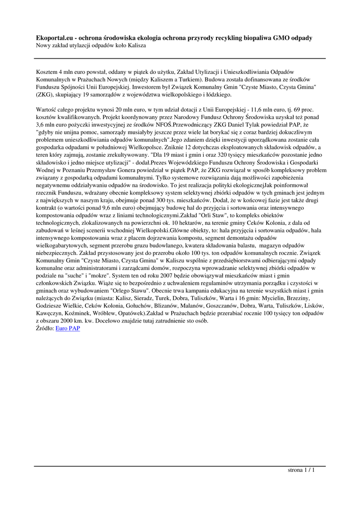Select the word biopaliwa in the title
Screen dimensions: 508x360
pyautogui.click(x=248, y=38)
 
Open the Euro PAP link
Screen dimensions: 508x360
pyautogui.click(x=68, y=328)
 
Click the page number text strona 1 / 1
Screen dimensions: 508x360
pyautogui.click(x=301, y=470)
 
